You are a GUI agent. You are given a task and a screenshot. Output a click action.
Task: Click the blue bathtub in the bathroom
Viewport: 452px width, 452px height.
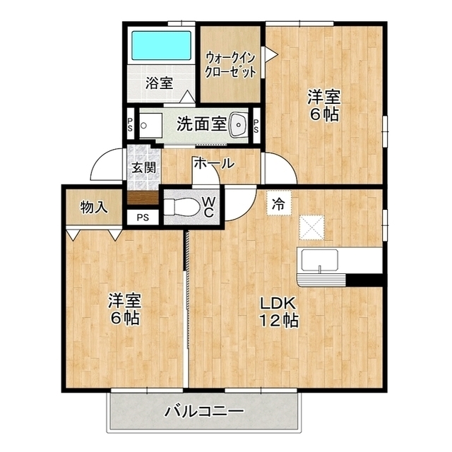click(x=161, y=45)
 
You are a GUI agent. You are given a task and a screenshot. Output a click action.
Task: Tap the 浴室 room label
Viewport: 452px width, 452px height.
click(x=159, y=83)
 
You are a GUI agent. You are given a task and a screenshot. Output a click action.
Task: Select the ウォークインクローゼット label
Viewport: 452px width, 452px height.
click(x=230, y=65)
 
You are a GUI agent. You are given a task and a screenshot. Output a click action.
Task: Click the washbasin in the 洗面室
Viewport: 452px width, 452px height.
click(x=239, y=125)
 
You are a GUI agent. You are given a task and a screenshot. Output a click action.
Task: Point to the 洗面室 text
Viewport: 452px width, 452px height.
click(x=201, y=124)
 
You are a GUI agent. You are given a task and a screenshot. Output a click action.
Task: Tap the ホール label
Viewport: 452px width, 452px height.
click(x=213, y=163)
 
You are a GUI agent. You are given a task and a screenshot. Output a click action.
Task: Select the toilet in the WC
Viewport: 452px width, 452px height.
click(x=182, y=207)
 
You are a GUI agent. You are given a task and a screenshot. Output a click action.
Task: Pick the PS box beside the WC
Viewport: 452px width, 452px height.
click(x=143, y=218)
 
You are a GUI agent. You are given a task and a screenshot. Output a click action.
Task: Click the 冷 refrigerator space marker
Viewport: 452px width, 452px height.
click(x=278, y=204)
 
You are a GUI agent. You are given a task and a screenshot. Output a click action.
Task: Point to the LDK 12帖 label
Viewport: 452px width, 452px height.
click(x=278, y=312)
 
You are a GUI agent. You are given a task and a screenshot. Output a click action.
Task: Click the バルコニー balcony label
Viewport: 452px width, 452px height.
click(x=204, y=412)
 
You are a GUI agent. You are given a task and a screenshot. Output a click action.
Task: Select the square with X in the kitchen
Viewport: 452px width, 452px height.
click(x=311, y=227)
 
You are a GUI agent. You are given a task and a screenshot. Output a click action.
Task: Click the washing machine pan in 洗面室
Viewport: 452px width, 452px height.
click(x=150, y=126)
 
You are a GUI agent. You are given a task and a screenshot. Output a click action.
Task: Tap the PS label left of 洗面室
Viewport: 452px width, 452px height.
click(x=130, y=124)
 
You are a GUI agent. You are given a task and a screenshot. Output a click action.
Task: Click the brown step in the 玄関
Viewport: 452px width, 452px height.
click(x=143, y=198)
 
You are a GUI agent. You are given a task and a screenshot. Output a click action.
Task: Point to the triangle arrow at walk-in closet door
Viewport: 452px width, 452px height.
click(x=271, y=54)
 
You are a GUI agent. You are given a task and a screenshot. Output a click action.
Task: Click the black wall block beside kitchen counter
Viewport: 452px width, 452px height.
click(x=364, y=280)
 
